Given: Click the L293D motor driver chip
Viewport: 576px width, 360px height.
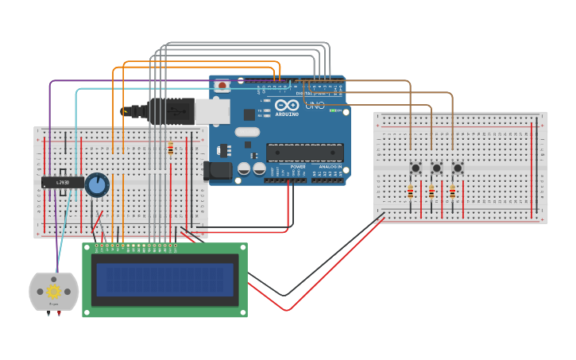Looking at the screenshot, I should pyautogui.click(x=62, y=183).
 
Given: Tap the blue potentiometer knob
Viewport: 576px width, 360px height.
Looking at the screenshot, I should pyautogui.click(x=97, y=185).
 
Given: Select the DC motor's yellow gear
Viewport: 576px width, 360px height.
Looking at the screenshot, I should pyautogui.click(x=54, y=292).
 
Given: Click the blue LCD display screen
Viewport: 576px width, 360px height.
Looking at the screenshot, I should pyautogui.click(x=164, y=280).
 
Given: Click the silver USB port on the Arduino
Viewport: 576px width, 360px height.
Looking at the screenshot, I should pyautogui.click(x=212, y=111).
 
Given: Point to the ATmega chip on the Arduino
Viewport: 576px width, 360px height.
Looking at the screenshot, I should pyautogui.click(x=304, y=153).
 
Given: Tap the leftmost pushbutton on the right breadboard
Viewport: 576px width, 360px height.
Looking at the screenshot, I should pyautogui.click(x=415, y=168).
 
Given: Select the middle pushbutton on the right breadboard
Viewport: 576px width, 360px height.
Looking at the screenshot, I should pyautogui.click(x=436, y=168).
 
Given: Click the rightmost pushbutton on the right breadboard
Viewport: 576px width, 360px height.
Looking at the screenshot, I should pyautogui.click(x=458, y=168).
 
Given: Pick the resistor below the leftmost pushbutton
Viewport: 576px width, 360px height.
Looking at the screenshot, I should pyautogui.click(x=410, y=192).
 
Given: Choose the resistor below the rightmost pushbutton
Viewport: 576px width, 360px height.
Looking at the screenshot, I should pyautogui.click(x=452, y=192).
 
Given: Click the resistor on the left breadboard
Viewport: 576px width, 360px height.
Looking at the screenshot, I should pyautogui.click(x=170, y=149).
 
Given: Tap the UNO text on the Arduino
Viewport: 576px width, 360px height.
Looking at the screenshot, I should pyautogui.click(x=315, y=105).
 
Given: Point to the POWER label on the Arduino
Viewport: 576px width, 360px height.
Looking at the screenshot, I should pyautogui.click(x=297, y=166).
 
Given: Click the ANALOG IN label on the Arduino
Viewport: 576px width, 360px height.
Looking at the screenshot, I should pyautogui.click(x=330, y=166).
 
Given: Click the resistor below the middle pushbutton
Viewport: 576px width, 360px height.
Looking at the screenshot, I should pyautogui.click(x=431, y=192).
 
